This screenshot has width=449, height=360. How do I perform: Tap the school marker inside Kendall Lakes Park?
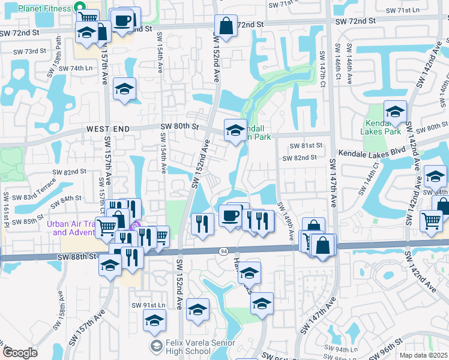395,112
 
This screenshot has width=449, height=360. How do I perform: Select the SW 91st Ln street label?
148,305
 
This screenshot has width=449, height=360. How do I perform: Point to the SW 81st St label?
306,146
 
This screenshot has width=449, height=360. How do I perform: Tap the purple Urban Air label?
71,229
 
